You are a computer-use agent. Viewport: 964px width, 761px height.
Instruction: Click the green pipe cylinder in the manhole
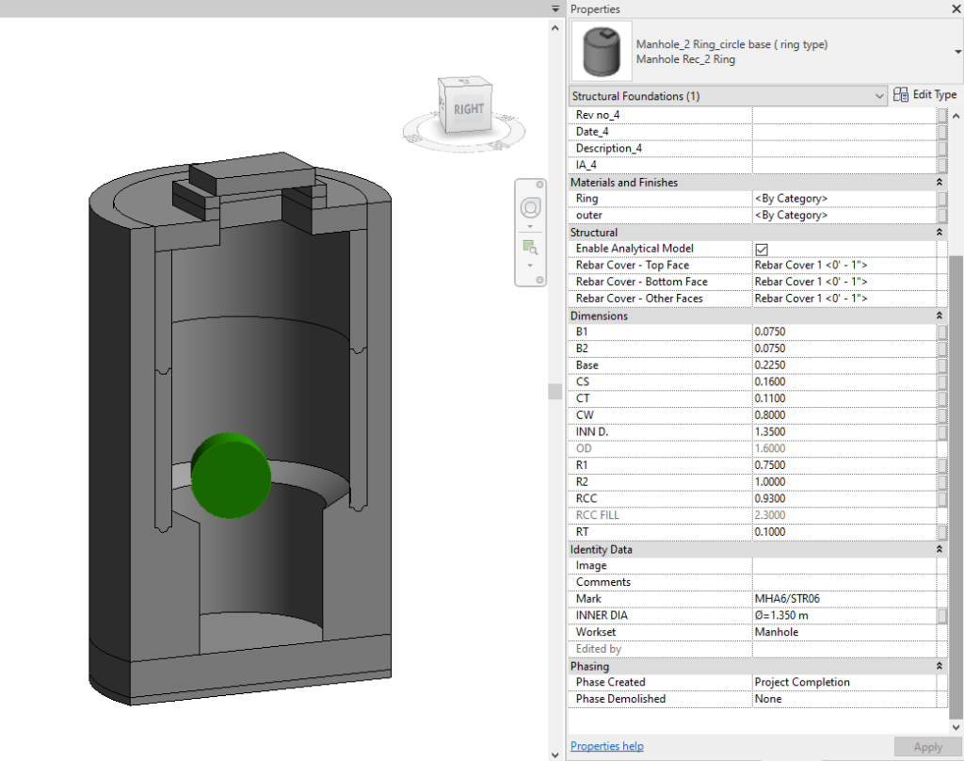click(231, 474)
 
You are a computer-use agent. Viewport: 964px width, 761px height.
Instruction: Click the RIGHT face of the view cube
click(468, 108)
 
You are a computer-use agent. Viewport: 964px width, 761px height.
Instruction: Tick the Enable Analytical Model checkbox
click(762, 249)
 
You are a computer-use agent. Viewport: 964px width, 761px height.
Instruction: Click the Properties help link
click(607, 746)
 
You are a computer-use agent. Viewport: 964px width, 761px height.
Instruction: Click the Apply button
click(927, 747)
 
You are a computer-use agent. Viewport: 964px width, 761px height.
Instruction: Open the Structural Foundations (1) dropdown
click(728, 96)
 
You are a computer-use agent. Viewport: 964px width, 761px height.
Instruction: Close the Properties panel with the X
click(952, 9)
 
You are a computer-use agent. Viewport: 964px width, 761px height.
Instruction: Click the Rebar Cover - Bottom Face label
click(641, 282)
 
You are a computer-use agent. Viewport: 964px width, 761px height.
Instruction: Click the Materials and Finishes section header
click(624, 182)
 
